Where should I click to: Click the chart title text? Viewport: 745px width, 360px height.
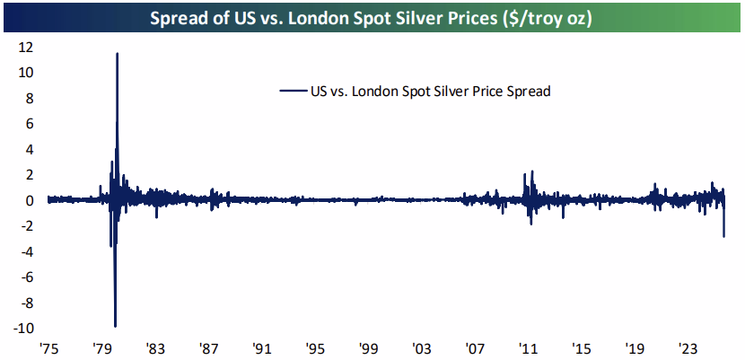(372, 18)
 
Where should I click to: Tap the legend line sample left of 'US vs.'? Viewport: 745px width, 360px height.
(293, 91)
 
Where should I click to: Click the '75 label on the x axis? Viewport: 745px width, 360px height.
(48, 347)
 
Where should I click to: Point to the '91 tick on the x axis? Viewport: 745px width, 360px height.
(261, 347)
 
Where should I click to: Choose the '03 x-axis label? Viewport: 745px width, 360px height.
(421, 347)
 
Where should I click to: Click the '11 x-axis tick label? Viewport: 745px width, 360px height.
(528, 347)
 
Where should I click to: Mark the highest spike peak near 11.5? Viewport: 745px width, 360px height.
(117, 53)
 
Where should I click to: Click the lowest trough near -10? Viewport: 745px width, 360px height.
(115, 326)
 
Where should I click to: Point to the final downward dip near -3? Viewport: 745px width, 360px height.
(723, 236)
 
